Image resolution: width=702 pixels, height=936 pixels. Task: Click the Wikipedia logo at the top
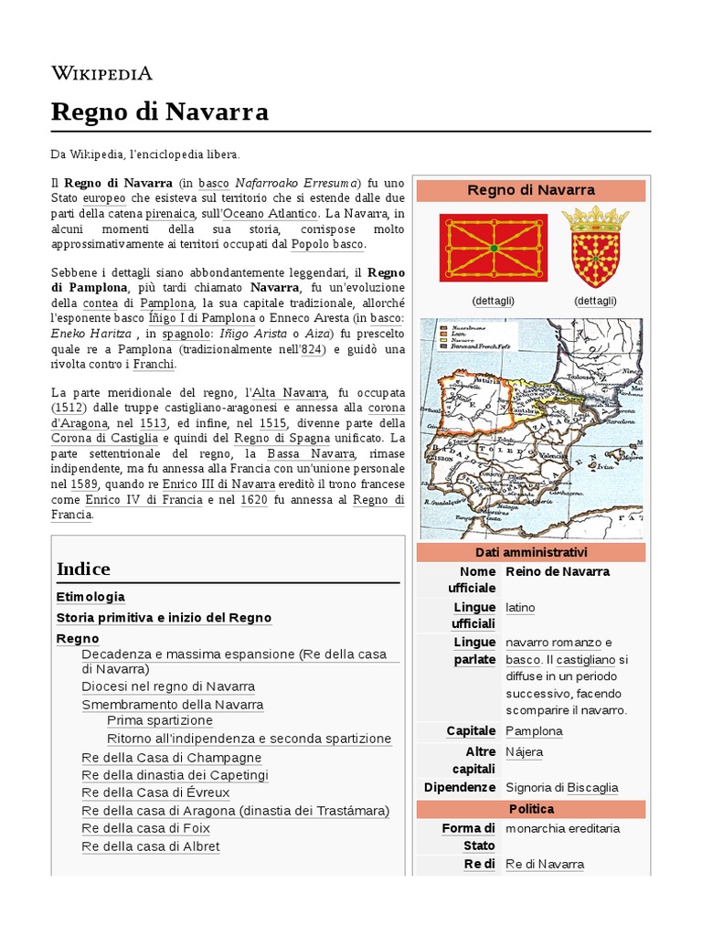tap(101, 73)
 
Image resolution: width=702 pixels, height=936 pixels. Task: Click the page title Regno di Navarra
tap(160, 112)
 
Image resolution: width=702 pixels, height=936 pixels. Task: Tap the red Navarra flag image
tap(494, 247)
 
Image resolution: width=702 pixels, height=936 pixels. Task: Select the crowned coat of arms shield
tap(595, 247)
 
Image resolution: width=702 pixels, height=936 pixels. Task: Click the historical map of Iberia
tap(530, 428)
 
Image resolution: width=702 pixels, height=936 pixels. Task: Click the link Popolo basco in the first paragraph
tap(327, 245)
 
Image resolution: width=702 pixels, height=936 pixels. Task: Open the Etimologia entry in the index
tap(90, 597)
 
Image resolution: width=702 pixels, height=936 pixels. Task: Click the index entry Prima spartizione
tap(159, 720)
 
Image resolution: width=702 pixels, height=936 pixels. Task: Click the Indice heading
tap(83, 569)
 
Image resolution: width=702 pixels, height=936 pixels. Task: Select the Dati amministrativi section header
tap(530, 552)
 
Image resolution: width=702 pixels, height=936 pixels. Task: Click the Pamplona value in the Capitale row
tap(534, 731)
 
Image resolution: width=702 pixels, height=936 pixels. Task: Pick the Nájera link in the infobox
tap(524, 752)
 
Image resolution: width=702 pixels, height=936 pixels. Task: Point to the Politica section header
tap(530, 809)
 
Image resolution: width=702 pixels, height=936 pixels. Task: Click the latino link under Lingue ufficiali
tap(520, 608)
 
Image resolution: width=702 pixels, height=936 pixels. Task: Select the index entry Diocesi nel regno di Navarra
tap(168, 686)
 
